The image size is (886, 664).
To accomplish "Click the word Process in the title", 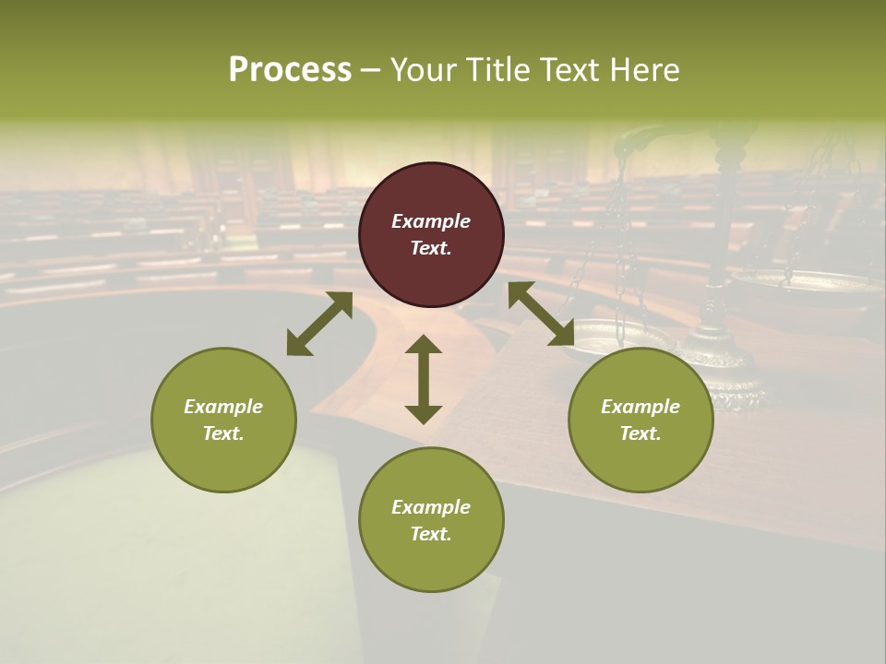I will [290, 70].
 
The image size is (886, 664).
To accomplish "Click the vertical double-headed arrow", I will [424, 379].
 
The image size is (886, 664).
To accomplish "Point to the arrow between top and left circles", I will [319, 324].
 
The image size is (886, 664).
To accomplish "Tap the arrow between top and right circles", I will [541, 314].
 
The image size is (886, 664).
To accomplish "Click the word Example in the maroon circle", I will [431, 221].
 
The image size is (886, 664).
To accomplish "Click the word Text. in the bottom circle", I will [431, 534].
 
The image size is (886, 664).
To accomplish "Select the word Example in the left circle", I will [223, 407].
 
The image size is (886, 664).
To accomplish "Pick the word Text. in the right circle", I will [641, 433].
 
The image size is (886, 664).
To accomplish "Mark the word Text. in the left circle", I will [223, 433].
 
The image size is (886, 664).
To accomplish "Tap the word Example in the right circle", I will [641, 407].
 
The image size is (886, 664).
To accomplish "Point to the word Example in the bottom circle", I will [431, 507].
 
